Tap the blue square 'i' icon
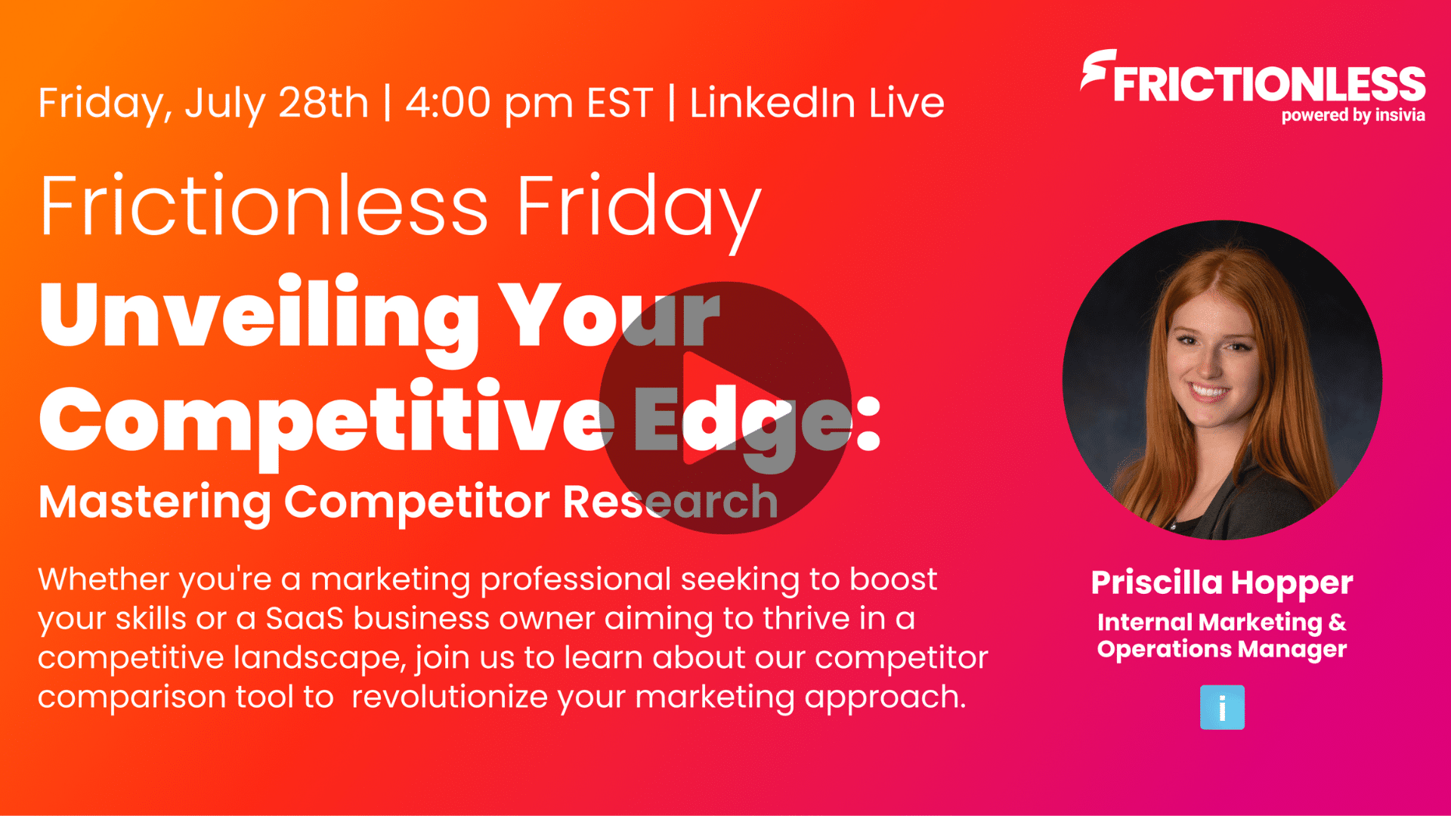(1222, 707)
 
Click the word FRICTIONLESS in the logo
(1269, 84)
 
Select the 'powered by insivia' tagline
(1353, 116)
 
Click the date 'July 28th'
(277, 104)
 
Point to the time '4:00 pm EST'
(529, 103)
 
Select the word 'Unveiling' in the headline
(259, 317)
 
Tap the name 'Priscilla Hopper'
(1222, 583)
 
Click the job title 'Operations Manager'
(1222, 650)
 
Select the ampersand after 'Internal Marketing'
(1337, 622)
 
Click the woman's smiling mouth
(1208, 391)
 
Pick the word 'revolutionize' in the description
(450, 697)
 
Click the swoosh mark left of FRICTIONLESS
(1096, 70)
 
